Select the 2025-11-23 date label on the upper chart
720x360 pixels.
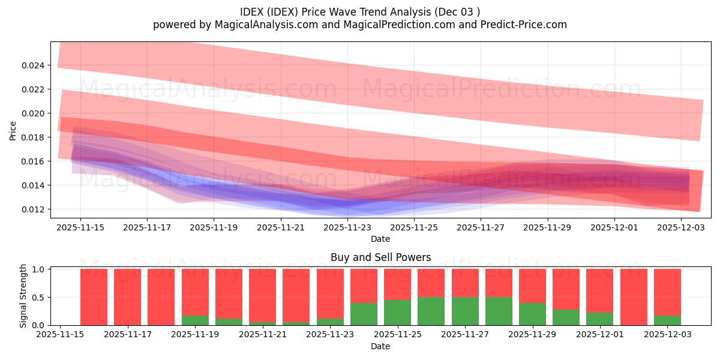pyautogui.click(x=347, y=228)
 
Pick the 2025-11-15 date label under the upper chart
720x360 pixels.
pyautogui.click(x=80, y=228)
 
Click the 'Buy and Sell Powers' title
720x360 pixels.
pyautogui.click(x=380, y=257)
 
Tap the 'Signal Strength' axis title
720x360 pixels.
pyautogui.click(x=23, y=296)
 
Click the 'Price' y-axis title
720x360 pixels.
pyautogui.click(x=13, y=131)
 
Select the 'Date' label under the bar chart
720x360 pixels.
pyautogui.click(x=380, y=346)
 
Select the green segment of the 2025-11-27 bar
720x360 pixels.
pyautogui.click(x=466, y=311)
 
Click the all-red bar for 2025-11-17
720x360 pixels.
pyautogui.click(x=127, y=297)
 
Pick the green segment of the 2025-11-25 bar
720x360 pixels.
pyautogui.click(x=398, y=313)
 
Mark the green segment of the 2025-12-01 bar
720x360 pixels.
pyautogui.click(x=600, y=319)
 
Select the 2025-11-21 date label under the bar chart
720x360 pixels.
pyautogui.click(x=263, y=335)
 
